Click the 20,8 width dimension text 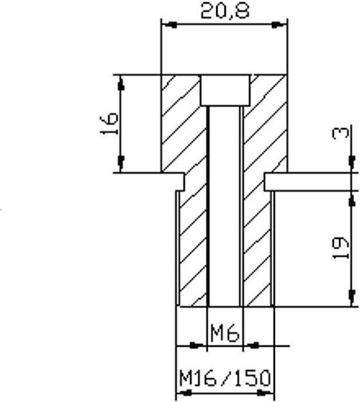coord(224,11)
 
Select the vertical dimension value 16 coord(109,124)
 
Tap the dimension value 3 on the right coord(341,133)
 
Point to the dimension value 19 coord(341,248)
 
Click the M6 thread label coord(224,333)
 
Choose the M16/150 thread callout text coord(225,378)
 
